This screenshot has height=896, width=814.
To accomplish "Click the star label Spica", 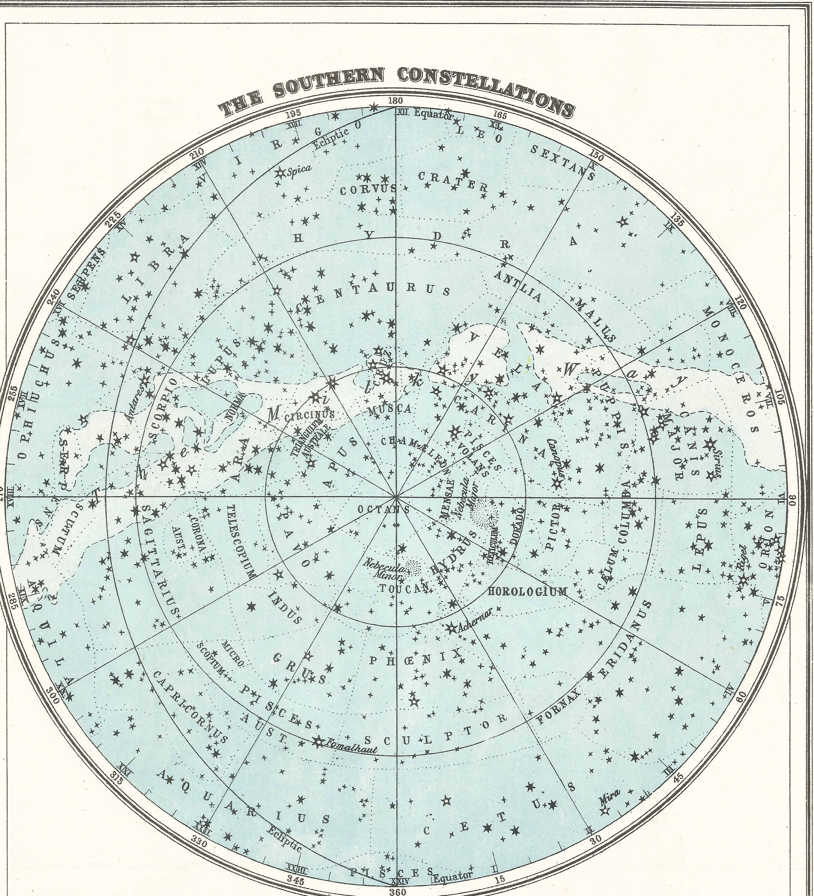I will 298,169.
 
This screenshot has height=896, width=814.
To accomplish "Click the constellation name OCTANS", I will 384,510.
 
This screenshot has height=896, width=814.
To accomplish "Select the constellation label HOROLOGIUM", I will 527,591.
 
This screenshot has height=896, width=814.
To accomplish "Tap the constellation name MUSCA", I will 390,409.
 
